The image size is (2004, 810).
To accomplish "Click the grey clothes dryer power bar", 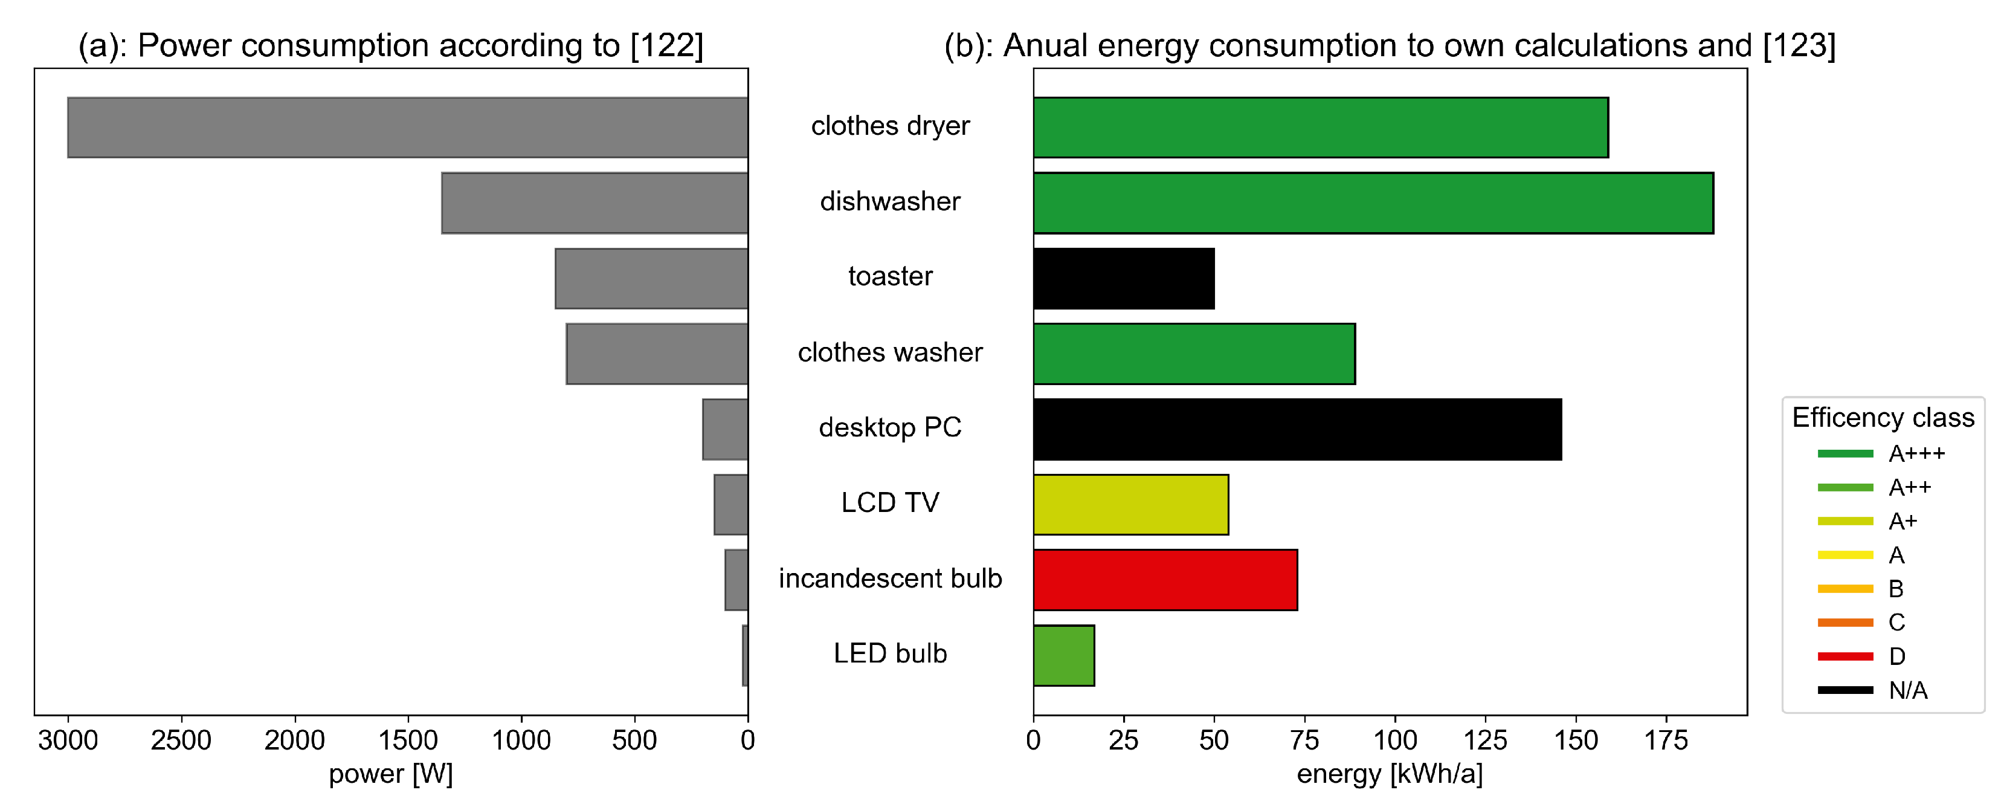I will click(x=408, y=128).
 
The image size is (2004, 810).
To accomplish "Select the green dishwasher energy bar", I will click(x=1373, y=203).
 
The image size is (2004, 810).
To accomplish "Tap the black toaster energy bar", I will click(x=1123, y=279).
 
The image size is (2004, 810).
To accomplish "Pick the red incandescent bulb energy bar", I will click(x=1165, y=580).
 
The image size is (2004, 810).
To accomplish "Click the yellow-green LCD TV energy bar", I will click(x=1130, y=505).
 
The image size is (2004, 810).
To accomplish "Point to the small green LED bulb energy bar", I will click(x=1063, y=656).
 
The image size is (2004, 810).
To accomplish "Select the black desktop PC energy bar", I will click(x=1297, y=430).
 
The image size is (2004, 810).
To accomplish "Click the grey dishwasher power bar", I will click(x=594, y=203).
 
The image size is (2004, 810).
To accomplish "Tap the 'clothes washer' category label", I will click(x=890, y=352).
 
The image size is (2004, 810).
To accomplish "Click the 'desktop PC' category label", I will click(x=890, y=428).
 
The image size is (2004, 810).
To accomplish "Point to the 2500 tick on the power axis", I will click(x=181, y=740).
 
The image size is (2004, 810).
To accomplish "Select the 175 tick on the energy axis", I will click(x=1666, y=740).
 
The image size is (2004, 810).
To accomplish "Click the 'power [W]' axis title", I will click(x=390, y=774).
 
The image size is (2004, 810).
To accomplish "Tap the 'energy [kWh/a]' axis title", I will click(x=1390, y=774).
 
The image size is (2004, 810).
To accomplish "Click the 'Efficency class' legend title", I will click(x=1883, y=418).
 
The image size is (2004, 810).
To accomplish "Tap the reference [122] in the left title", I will click(x=667, y=46).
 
